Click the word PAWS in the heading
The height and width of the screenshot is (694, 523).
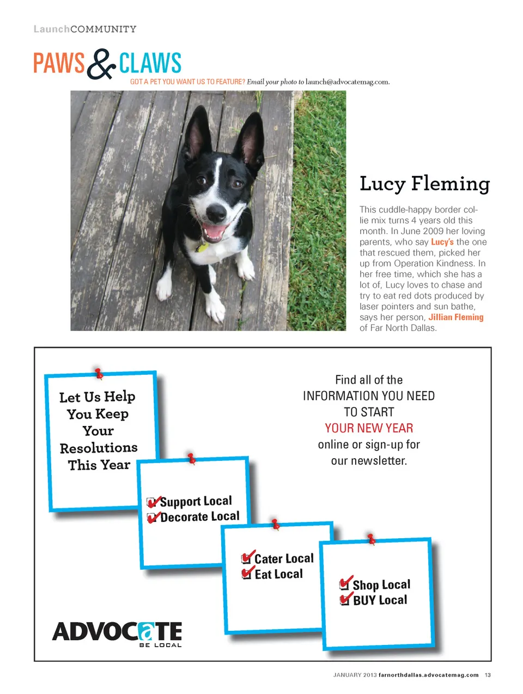click(59, 63)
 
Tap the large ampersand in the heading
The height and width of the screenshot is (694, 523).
click(101, 64)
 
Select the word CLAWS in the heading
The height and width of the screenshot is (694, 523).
click(150, 63)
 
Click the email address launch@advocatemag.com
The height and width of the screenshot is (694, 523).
click(347, 82)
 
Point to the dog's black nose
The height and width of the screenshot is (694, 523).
click(216, 211)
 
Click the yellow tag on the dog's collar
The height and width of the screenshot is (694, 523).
click(203, 248)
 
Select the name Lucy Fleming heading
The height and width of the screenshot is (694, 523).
click(424, 184)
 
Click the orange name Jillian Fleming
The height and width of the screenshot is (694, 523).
click(455, 317)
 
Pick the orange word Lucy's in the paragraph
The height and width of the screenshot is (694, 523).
click(442, 242)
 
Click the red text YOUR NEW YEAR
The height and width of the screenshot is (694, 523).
click(369, 428)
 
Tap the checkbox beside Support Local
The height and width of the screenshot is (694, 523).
click(152, 502)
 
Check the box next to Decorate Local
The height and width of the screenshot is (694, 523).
click(153, 518)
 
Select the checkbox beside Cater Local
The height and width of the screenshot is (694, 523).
click(246, 559)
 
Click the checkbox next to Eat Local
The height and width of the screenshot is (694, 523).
click(246, 574)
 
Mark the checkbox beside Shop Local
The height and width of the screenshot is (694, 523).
click(344, 585)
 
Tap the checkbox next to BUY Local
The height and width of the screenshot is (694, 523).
click(344, 600)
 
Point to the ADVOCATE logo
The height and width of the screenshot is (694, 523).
click(117, 633)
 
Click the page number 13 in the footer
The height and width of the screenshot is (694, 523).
click(488, 675)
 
